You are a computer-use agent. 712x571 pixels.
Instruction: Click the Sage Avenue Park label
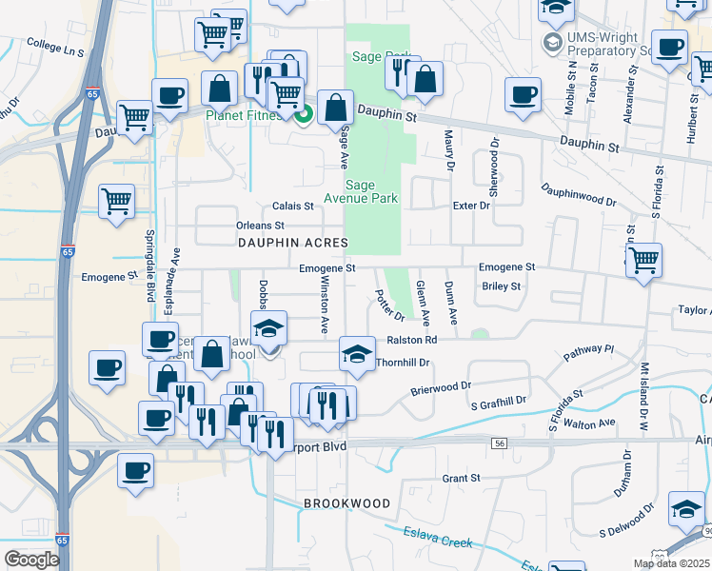tap(372, 191)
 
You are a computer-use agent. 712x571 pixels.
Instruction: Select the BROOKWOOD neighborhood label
tap(346, 502)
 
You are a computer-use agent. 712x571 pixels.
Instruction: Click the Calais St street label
tap(292, 206)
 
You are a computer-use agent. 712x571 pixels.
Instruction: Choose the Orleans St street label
tap(260, 226)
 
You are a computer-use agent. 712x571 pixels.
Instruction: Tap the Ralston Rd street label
tap(411, 340)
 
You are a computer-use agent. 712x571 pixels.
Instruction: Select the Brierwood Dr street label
tap(441, 387)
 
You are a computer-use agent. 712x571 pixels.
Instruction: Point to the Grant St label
tap(461, 478)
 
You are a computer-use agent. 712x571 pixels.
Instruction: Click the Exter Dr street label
tap(471, 205)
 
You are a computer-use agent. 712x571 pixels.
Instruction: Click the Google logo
tap(31, 559)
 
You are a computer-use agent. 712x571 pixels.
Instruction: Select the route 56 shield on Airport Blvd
tap(499, 443)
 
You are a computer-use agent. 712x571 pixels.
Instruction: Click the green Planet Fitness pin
tap(304, 116)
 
